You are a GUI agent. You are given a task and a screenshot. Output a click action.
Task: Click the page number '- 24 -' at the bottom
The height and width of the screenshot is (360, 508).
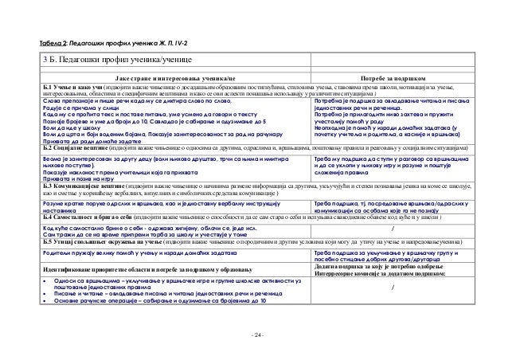[255, 332]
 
